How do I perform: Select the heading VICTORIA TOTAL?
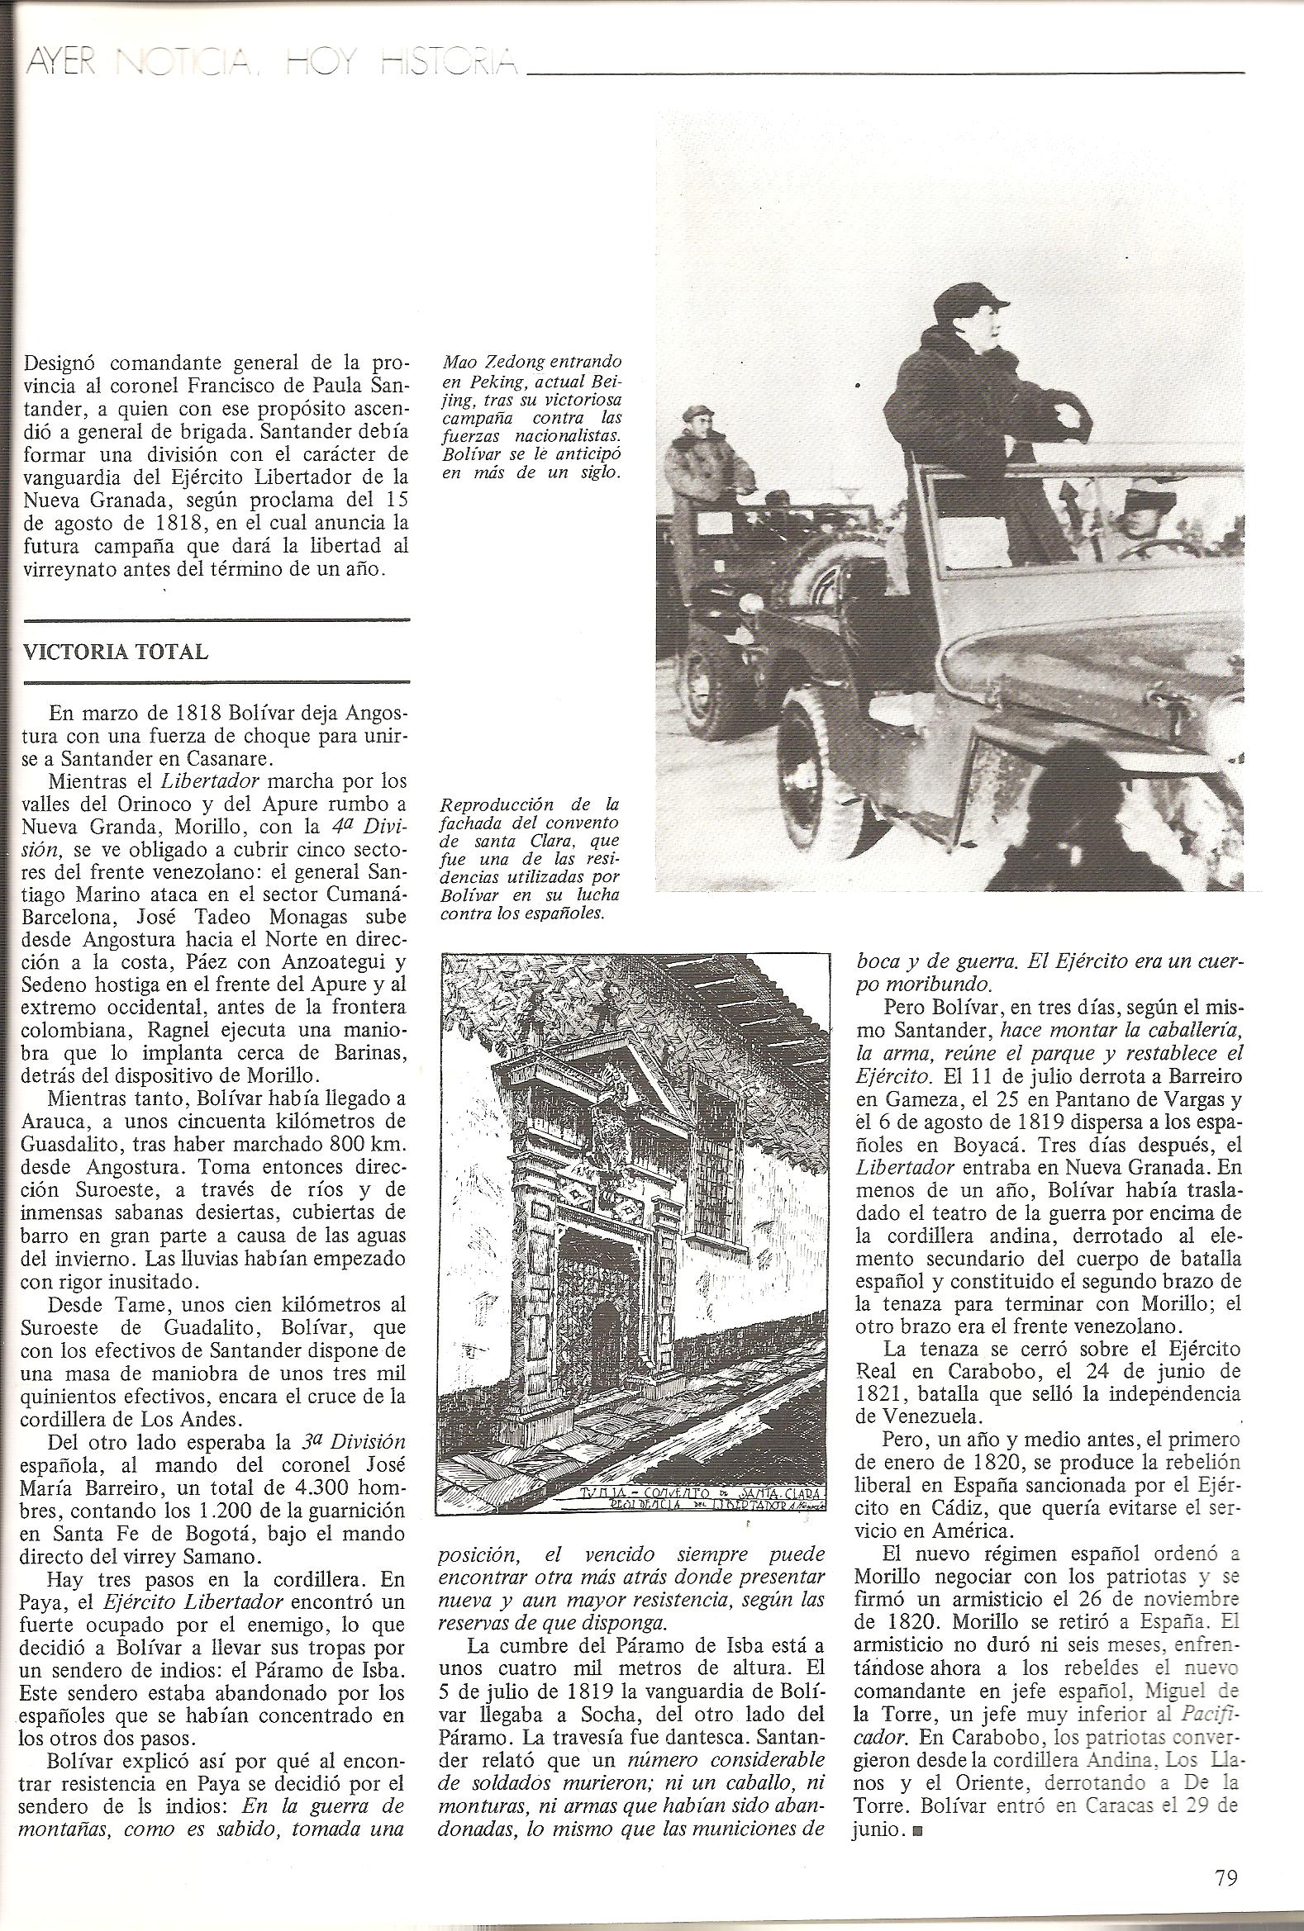point(116,652)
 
